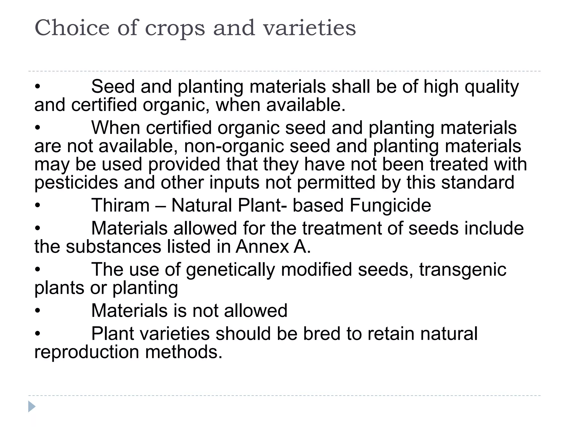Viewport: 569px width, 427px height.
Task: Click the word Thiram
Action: click(120, 205)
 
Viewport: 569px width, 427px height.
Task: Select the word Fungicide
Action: click(390, 205)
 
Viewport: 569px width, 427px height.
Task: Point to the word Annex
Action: click(262, 247)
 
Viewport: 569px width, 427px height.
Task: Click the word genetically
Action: click(230, 270)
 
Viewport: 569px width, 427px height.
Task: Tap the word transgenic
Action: click(463, 270)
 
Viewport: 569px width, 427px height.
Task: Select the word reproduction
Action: click(86, 352)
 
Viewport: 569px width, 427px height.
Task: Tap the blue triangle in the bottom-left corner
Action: click(32, 406)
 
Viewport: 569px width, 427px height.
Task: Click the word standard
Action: click(478, 183)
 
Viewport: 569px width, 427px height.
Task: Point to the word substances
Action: click(113, 247)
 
